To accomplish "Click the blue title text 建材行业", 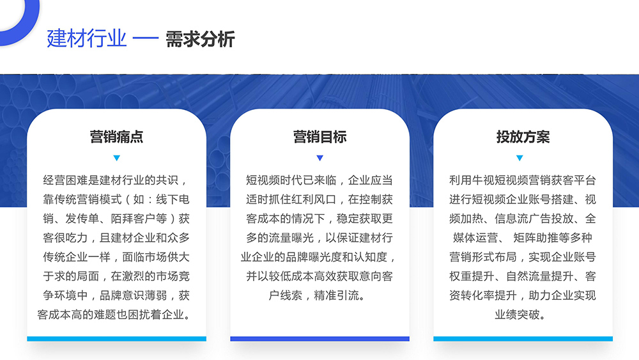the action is (x=86, y=39).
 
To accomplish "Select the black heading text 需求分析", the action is (x=199, y=39).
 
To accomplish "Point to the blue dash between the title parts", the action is (x=146, y=39).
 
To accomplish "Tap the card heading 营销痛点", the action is (x=116, y=137).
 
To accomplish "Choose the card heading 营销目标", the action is (x=320, y=137).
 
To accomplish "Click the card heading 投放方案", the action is (x=523, y=137).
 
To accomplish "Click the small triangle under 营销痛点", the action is (x=116, y=158).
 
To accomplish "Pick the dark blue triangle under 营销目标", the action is (x=320, y=158).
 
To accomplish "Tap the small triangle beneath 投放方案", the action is (x=520, y=158).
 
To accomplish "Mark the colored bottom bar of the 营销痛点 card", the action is (x=116, y=339).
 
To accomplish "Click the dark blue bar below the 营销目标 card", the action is (x=320, y=339).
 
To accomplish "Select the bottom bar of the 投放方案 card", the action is (x=523, y=339).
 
